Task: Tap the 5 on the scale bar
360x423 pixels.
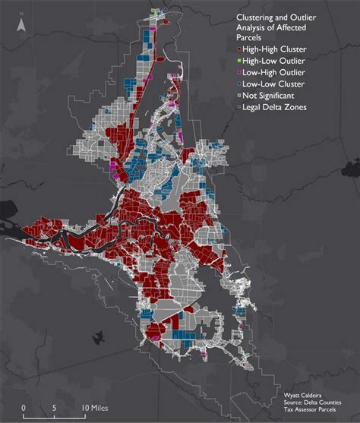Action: (x=54, y=407)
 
